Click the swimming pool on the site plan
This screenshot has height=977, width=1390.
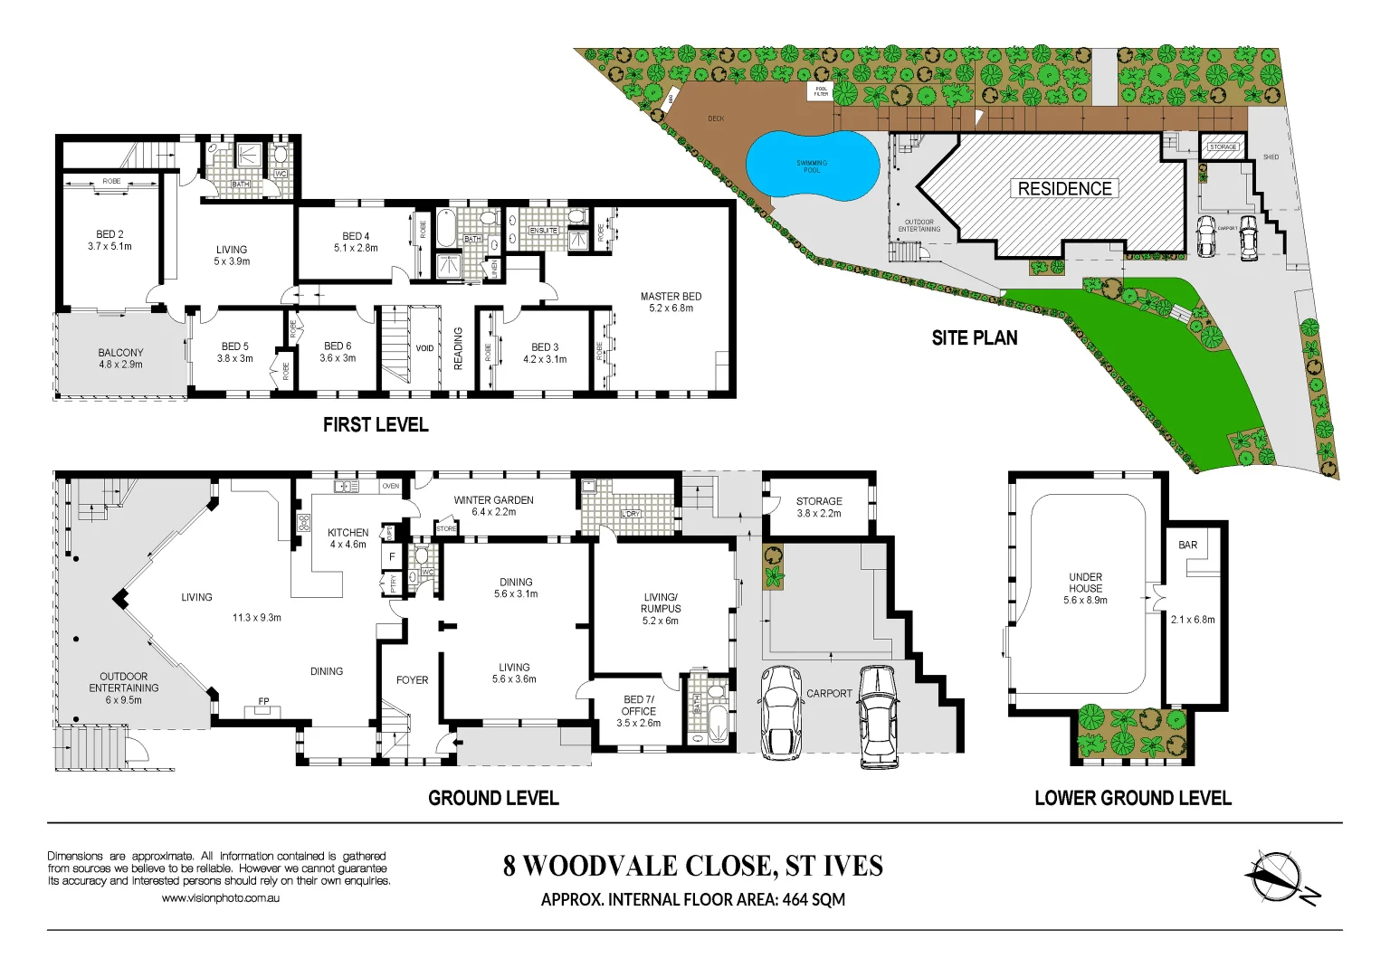[812, 166]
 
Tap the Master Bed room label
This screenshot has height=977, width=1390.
[671, 297]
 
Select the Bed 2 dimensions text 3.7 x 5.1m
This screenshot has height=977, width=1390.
[109, 246]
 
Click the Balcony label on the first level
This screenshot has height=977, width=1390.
[120, 353]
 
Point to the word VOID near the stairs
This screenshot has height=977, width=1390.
[424, 348]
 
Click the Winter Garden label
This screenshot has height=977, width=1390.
[493, 500]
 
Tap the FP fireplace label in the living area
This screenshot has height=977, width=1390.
[264, 701]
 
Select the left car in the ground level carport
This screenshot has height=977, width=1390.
[780, 712]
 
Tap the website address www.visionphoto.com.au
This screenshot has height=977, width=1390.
[220, 898]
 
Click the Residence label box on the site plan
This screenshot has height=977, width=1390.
[1064, 188]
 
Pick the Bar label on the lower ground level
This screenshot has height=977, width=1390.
[1187, 545]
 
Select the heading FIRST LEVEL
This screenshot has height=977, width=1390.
[376, 424]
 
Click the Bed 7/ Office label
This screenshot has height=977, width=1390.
[638, 706]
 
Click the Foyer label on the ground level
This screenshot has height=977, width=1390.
[412, 680]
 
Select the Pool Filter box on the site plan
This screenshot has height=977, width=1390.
[821, 91]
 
